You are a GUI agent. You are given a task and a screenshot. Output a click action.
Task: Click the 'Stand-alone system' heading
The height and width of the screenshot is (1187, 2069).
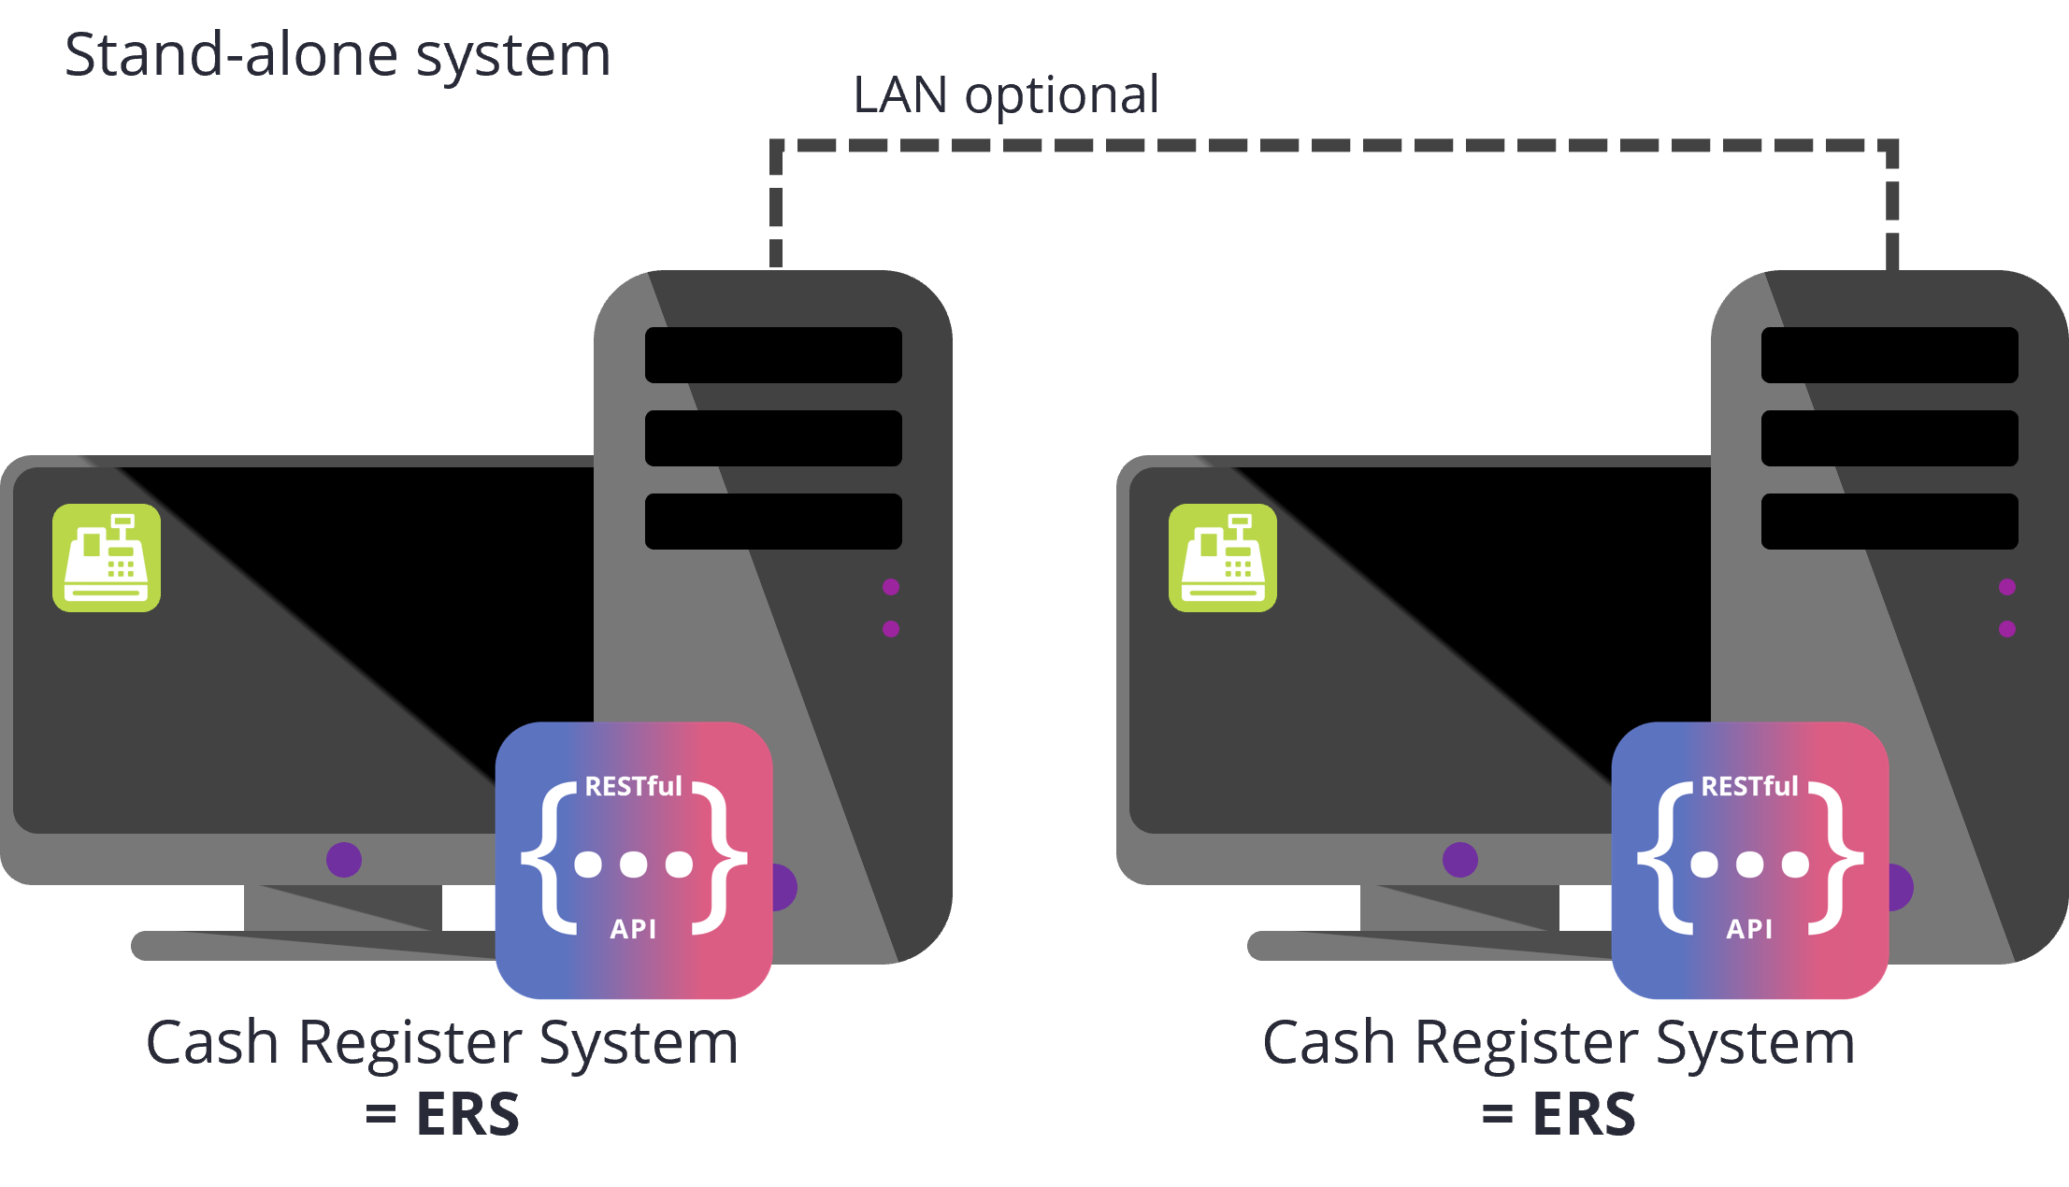[x=338, y=54]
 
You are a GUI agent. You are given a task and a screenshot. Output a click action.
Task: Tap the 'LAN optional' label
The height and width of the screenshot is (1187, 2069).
[x=1006, y=94]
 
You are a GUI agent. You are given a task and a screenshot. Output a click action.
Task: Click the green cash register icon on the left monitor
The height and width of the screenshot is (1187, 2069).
[x=107, y=558]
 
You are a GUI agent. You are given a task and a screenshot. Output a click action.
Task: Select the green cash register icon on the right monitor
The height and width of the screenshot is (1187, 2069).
[x=1223, y=558]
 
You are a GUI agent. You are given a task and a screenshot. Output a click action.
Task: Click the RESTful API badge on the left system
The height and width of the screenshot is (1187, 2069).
[x=634, y=860]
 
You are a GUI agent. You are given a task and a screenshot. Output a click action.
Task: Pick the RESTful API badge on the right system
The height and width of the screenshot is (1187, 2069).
[x=1750, y=860]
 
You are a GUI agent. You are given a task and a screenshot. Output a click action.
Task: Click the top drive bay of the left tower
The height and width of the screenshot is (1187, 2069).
[x=773, y=355]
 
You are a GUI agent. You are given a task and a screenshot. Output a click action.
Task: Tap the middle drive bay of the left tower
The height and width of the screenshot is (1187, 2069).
[x=773, y=438]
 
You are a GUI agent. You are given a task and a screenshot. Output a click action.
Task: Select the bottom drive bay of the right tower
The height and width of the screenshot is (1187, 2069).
[x=1889, y=522]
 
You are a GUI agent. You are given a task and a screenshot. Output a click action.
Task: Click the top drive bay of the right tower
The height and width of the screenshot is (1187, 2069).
[x=1889, y=355]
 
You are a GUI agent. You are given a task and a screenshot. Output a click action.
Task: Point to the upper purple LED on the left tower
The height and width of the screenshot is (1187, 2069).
[x=891, y=587]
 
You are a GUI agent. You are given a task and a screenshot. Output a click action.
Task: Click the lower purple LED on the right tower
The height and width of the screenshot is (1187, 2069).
[x=2007, y=629]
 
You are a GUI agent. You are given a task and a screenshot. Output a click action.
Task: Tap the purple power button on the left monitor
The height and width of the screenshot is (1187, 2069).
[x=344, y=860]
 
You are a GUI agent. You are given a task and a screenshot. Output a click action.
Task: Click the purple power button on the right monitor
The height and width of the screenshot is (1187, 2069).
[x=1460, y=860]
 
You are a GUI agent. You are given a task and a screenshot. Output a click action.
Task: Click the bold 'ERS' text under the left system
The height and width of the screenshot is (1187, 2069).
[x=467, y=1114]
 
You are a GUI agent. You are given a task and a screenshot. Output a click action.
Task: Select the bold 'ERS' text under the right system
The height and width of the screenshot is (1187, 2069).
[x=1584, y=1114]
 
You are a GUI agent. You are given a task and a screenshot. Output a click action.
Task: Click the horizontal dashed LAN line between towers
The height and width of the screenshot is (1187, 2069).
[x=1335, y=146]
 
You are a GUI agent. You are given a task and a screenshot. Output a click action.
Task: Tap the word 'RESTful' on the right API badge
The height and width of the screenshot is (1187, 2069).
[x=1749, y=787]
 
